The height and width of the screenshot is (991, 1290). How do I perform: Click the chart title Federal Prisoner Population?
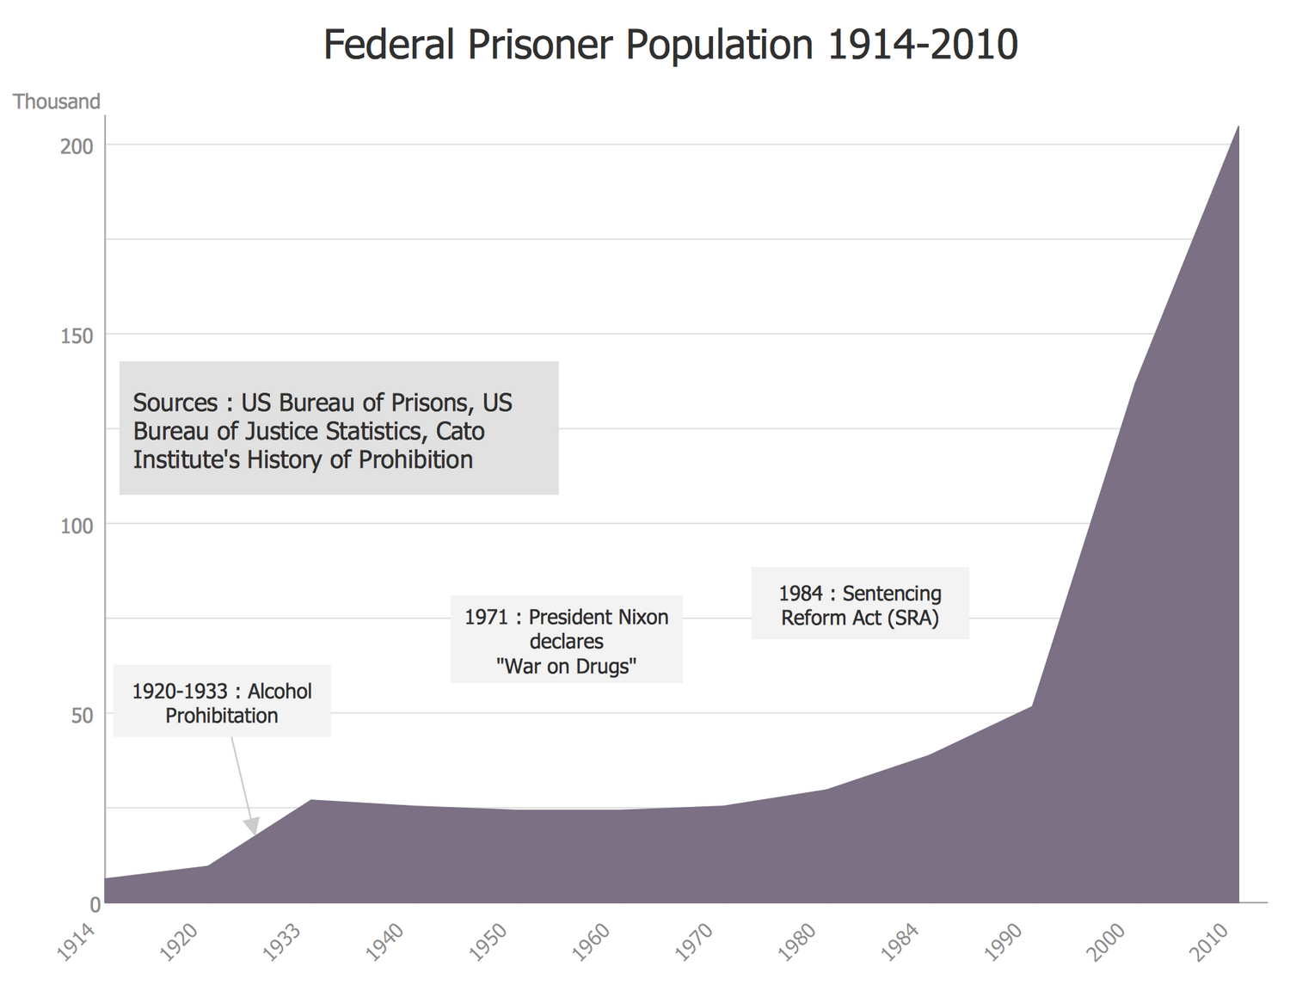(670, 45)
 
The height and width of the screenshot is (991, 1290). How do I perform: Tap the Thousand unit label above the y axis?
(57, 102)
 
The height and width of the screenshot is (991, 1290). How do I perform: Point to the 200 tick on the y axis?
(77, 145)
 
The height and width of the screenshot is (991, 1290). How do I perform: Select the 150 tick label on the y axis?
(77, 335)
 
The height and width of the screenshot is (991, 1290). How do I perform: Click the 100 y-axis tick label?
(77, 525)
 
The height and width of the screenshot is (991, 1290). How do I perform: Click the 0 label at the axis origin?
(95, 904)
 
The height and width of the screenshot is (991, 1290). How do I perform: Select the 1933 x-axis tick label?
(283, 943)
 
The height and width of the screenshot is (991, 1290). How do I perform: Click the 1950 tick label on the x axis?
(488, 943)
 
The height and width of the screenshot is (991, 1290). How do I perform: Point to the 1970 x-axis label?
(695, 943)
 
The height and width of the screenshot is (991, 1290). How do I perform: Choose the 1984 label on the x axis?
(900, 943)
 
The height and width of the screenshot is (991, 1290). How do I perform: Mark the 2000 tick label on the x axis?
(1107, 943)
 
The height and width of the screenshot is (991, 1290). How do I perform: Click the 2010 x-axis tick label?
(1210, 943)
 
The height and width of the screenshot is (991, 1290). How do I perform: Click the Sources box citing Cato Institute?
(339, 428)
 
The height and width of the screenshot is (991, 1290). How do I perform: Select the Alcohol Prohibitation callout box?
(222, 701)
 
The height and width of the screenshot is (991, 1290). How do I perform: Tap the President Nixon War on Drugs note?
(567, 640)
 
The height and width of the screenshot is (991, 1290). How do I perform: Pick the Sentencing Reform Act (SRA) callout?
(860, 604)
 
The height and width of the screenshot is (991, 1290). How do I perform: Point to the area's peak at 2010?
(1238, 127)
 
